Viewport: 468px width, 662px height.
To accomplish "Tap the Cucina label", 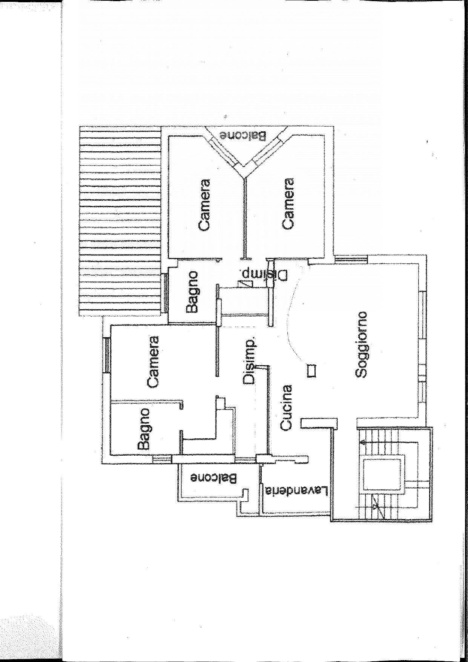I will [287, 407].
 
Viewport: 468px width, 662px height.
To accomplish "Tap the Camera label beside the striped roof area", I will [204, 205].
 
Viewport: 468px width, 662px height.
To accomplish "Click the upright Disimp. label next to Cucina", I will [249, 360].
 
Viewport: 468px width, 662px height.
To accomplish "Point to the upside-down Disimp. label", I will [264, 274].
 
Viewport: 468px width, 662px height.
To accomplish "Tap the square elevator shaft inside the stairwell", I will [383, 473].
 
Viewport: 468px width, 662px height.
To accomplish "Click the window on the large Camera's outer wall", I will [107, 355].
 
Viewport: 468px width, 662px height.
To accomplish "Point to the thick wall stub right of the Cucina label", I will [319, 423].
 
